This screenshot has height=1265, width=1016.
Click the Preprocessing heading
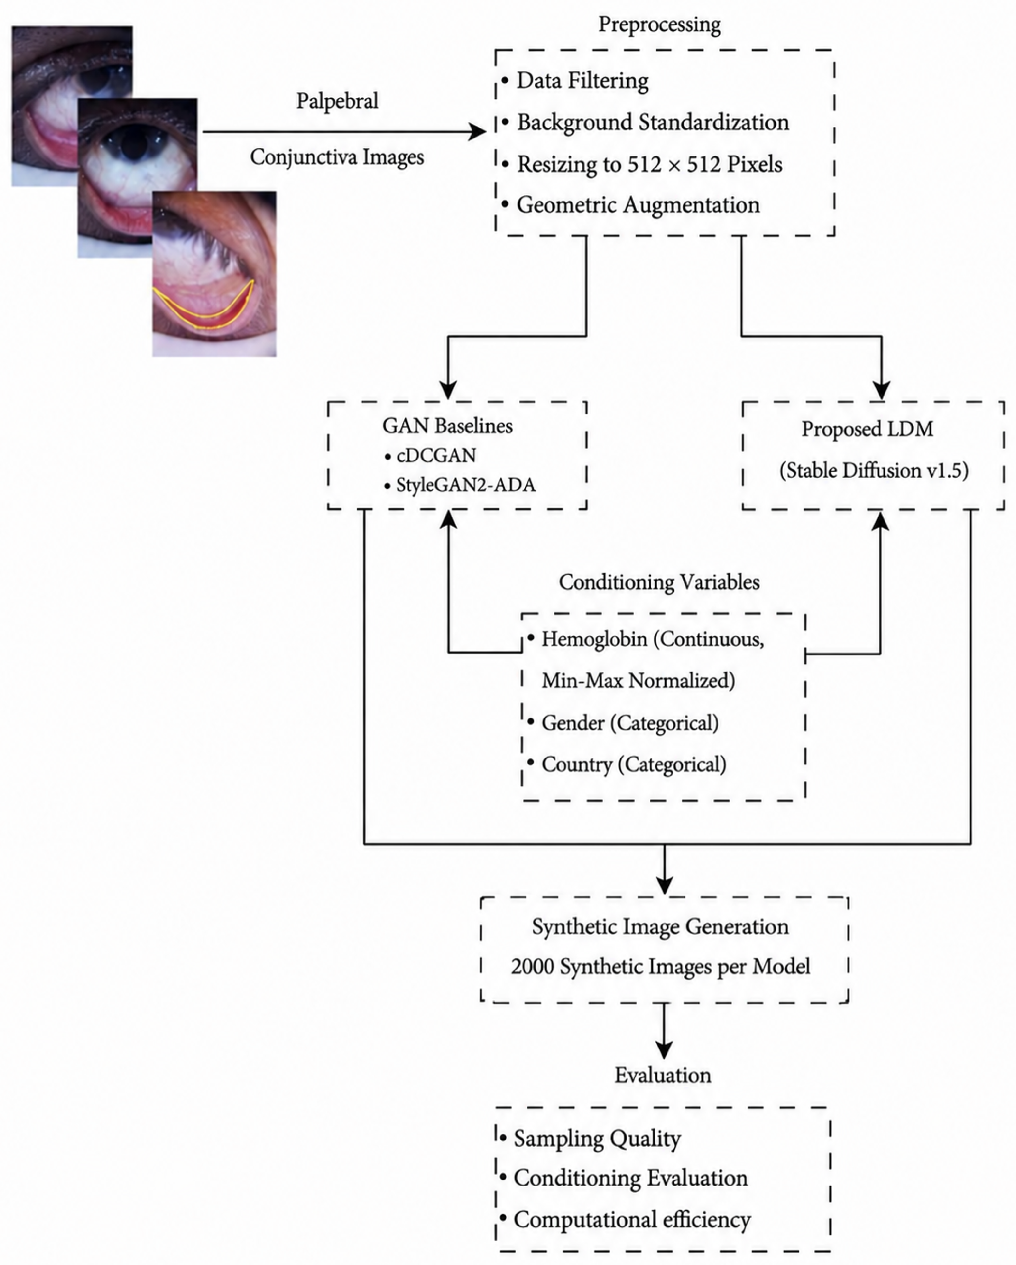point(659,25)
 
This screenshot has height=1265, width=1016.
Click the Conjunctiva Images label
point(337,157)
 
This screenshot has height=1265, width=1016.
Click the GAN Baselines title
point(447,426)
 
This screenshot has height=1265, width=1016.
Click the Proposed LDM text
point(868,429)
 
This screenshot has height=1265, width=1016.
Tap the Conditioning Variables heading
point(659,583)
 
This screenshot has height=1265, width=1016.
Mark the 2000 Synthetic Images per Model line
point(660,966)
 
